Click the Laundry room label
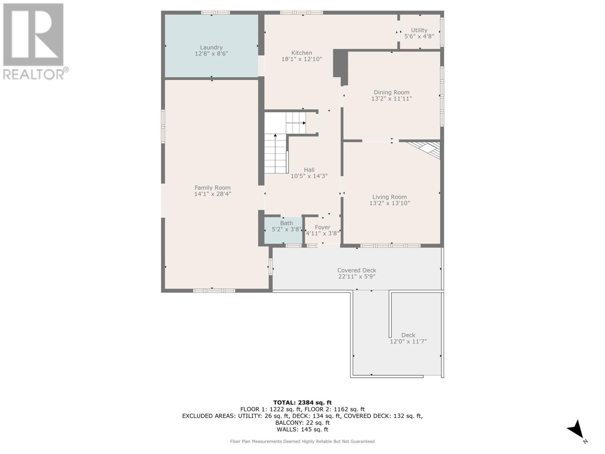point(211,47)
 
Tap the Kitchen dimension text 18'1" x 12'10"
point(301,59)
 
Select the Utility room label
point(419,30)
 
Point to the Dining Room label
point(391,92)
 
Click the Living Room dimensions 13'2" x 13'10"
point(389,203)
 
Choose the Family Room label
point(213,188)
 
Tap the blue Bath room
point(283,230)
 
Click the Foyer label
point(323,227)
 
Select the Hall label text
point(309,170)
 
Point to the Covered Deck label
point(357,270)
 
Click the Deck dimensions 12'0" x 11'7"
point(408,341)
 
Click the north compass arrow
point(576,430)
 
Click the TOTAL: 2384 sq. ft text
point(302,403)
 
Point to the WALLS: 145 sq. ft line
point(302,429)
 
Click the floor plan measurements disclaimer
point(302,442)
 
